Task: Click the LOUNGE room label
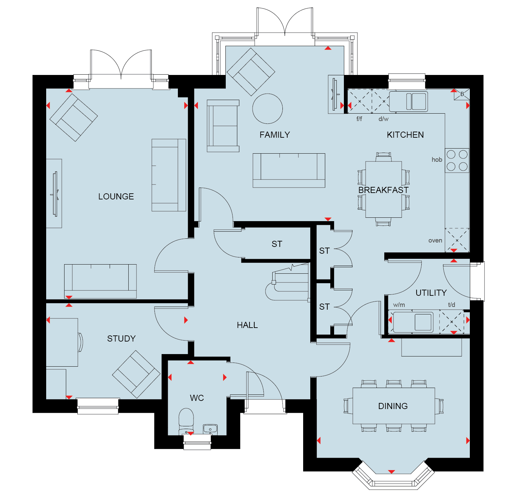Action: pos(116,196)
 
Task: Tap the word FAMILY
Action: pos(275,135)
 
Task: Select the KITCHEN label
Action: pos(405,135)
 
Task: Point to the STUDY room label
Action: pos(121,338)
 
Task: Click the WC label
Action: pos(197,398)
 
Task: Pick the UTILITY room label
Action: pos(431,293)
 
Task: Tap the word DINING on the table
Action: pos(393,406)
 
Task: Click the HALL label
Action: pos(247,325)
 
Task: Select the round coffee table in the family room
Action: pos(268,109)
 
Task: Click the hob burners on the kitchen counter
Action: pos(457,160)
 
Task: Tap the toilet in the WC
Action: pos(186,421)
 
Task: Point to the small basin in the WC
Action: pos(210,429)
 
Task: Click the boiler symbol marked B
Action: pos(462,94)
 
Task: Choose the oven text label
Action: pos(435,240)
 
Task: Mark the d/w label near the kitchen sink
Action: pos(384,119)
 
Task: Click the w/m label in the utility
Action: pos(399,305)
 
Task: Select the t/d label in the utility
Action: pos(451,305)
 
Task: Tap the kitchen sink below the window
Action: pos(408,101)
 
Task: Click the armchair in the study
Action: pos(136,374)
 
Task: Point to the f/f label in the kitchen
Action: pos(359,119)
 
